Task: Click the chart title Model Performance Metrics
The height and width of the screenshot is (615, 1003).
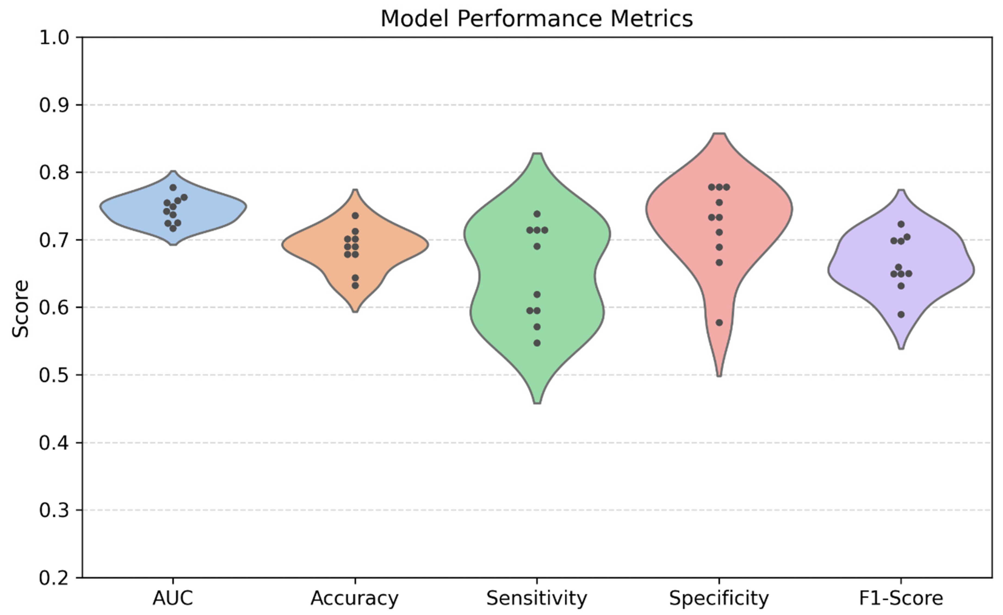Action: click(x=537, y=19)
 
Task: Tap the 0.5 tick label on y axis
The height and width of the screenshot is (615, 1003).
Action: click(x=54, y=375)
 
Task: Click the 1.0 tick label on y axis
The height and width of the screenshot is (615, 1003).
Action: click(x=54, y=38)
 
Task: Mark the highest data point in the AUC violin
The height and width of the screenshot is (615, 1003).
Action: click(x=173, y=188)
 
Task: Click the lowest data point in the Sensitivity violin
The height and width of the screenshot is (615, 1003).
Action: click(x=537, y=343)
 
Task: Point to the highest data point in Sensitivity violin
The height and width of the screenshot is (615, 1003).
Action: click(x=537, y=214)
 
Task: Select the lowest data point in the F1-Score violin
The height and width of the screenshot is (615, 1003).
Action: click(x=901, y=315)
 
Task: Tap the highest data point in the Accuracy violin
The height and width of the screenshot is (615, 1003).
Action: click(x=355, y=215)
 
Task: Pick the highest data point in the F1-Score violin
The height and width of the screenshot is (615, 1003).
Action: click(x=901, y=224)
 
